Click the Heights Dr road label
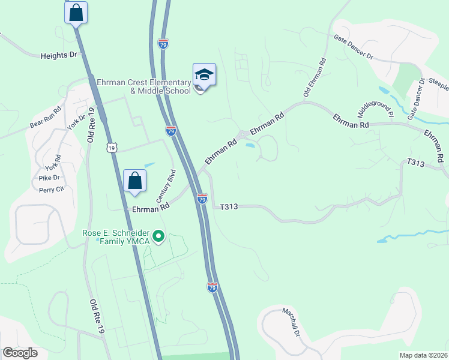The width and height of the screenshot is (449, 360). pyautogui.click(x=59, y=55)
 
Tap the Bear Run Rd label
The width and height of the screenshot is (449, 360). pyautogui.click(x=46, y=119)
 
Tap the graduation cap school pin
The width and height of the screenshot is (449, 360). pyautogui.click(x=204, y=76)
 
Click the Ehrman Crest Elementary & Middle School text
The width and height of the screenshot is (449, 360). pyautogui.click(x=144, y=86)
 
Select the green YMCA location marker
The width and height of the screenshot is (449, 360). pyautogui.click(x=158, y=237)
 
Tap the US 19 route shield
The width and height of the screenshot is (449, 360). pyautogui.click(x=111, y=148)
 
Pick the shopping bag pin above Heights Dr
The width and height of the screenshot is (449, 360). pyautogui.click(x=76, y=13)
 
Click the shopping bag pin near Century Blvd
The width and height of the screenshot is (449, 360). pyautogui.click(x=135, y=181)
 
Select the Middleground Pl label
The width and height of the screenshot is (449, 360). pyautogui.click(x=375, y=105)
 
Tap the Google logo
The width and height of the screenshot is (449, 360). pyautogui.click(x=20, y=352)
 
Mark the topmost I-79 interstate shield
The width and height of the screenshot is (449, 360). pyautogui.click(x=163, y=44)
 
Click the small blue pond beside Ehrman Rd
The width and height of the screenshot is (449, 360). pyautogui.click(x=250, y=145)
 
